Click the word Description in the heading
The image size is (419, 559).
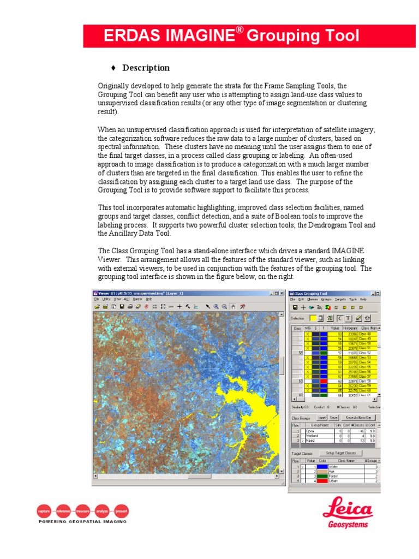[x=146, y=68]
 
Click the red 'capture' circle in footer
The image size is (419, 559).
[x=44, y=512]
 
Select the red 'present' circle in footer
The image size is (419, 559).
[x=122, y=512]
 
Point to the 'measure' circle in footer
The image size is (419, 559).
[x=83, y=512]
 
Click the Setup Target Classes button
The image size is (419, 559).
[x=340, y=453]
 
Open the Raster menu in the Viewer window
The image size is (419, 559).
[x=137, y=299]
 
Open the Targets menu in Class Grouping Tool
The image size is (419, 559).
[x=340, y=299]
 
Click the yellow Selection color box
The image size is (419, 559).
[x=313, y=318]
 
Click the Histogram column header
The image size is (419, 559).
[x=350, y=328]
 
